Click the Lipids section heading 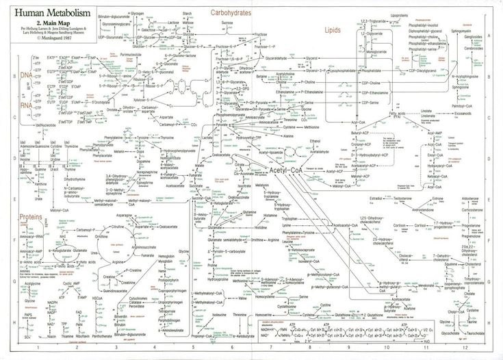(333, 31)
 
